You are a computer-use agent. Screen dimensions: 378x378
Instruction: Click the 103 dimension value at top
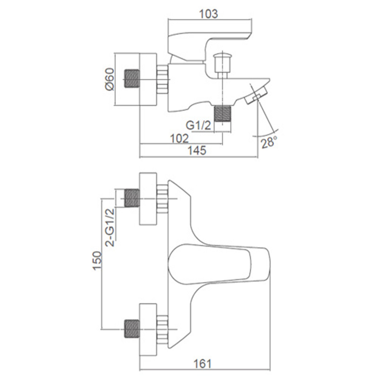209,14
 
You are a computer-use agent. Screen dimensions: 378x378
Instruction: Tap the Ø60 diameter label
110,79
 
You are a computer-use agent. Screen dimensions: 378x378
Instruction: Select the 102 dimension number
180,138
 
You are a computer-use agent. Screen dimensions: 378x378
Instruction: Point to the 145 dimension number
197,150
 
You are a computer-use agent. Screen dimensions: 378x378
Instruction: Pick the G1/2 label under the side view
198,125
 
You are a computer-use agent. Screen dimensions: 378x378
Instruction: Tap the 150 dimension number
97,261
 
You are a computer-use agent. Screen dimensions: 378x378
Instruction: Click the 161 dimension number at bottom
203,364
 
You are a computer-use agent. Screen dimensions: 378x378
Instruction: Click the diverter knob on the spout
223,65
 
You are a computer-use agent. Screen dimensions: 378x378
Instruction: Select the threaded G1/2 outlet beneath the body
223,114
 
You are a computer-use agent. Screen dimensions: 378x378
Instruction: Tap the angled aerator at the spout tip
256,95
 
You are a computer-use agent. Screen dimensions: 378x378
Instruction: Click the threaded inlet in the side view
132,79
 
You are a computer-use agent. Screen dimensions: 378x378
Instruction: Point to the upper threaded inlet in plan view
132,198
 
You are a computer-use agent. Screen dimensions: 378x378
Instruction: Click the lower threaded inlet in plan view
132,329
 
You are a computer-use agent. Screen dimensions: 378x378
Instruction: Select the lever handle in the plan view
218,264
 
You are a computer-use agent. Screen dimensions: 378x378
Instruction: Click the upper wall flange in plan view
148,198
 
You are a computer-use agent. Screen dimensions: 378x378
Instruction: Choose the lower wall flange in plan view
148,329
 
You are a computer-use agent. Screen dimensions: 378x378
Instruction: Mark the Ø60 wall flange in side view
148,79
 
